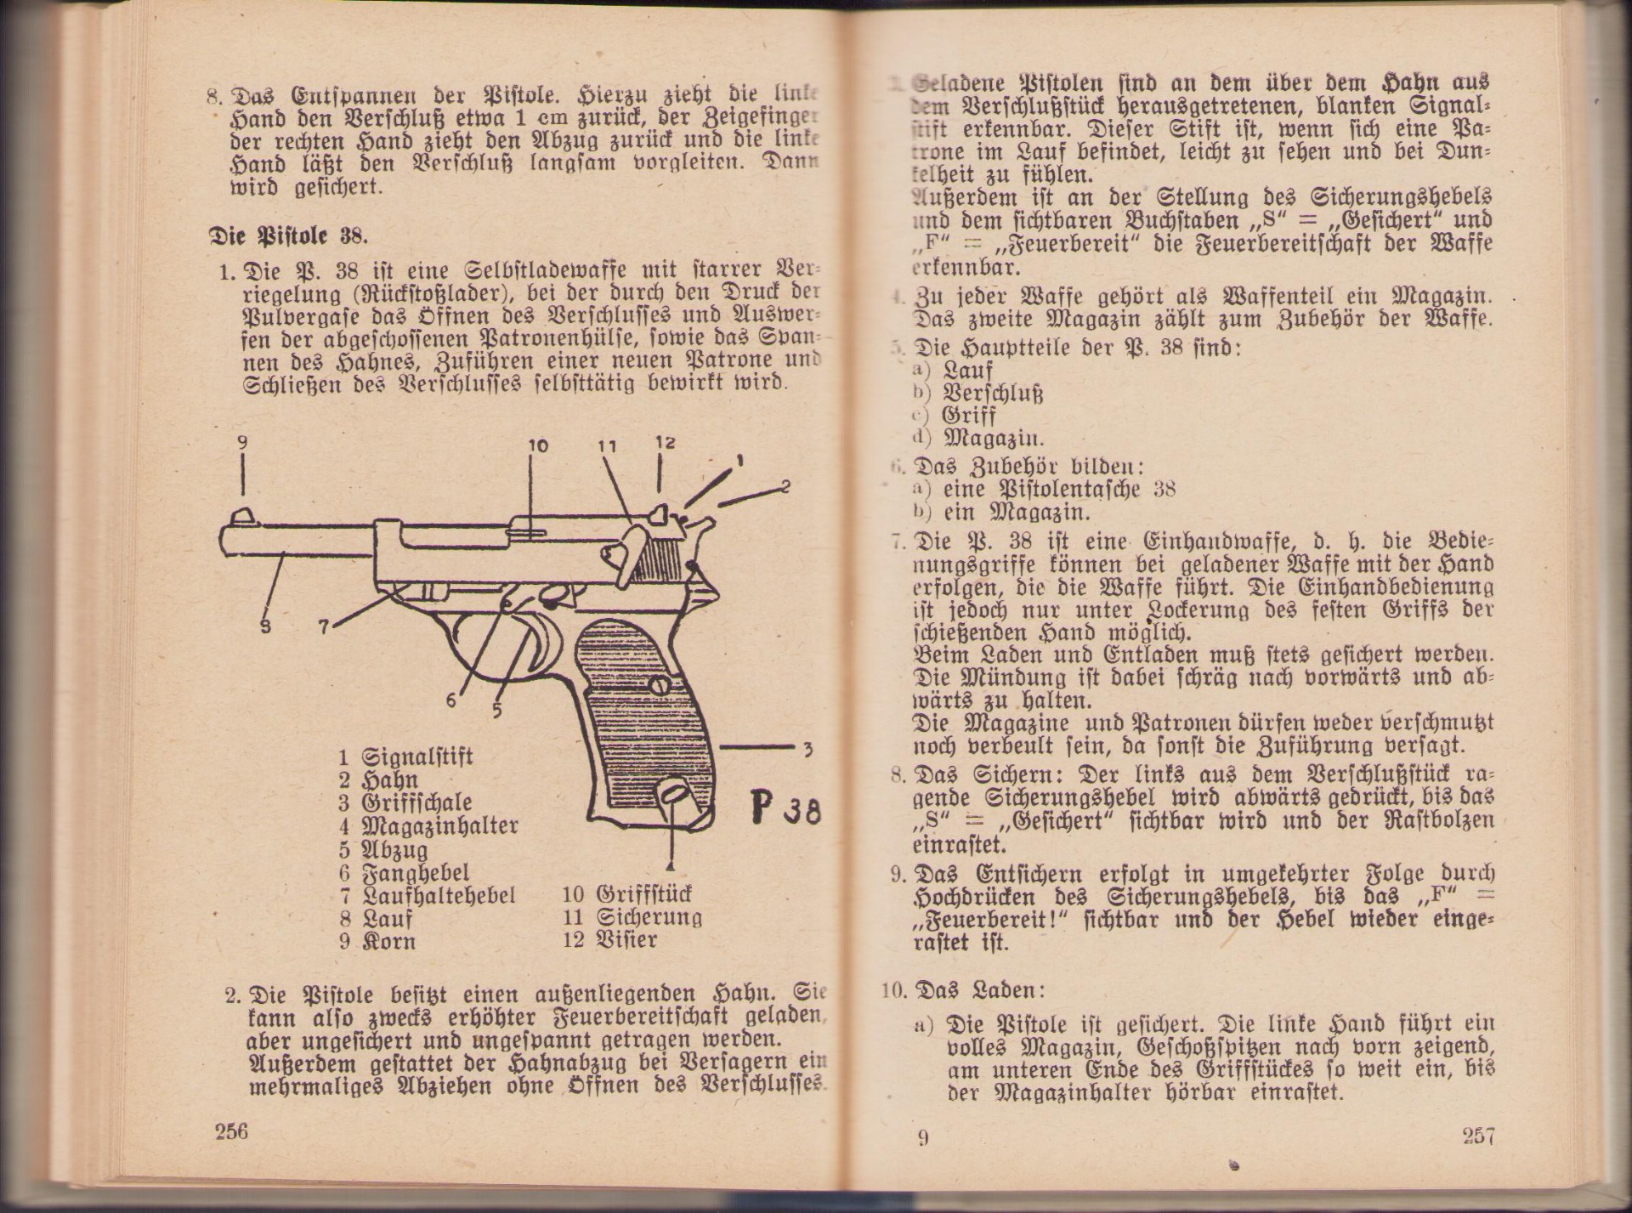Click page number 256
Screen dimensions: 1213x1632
[x=231, y=1131]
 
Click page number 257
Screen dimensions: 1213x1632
[x=1478, y=1136]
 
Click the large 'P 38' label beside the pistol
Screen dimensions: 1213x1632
[x=786, y=808]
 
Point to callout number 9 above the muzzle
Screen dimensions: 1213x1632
[x=242, y=442]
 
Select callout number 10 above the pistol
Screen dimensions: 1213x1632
[x=538, y=445]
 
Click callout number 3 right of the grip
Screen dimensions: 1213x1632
[x=807, y=749]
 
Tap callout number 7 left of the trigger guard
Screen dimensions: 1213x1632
[x=323, y=627]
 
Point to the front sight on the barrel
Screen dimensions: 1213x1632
[x=241, y=514]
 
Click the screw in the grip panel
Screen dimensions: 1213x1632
[x=660, y=685]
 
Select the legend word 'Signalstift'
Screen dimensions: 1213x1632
[x=416, y=757]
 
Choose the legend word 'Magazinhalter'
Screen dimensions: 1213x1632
[x=439, y=825]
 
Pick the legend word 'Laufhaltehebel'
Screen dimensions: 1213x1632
[x=439, y=895]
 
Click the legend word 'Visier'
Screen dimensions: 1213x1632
[x=627, y=940]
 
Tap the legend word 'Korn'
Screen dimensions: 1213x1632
[x=388, y=942]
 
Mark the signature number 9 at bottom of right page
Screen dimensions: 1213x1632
[x=923, y=1137]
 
